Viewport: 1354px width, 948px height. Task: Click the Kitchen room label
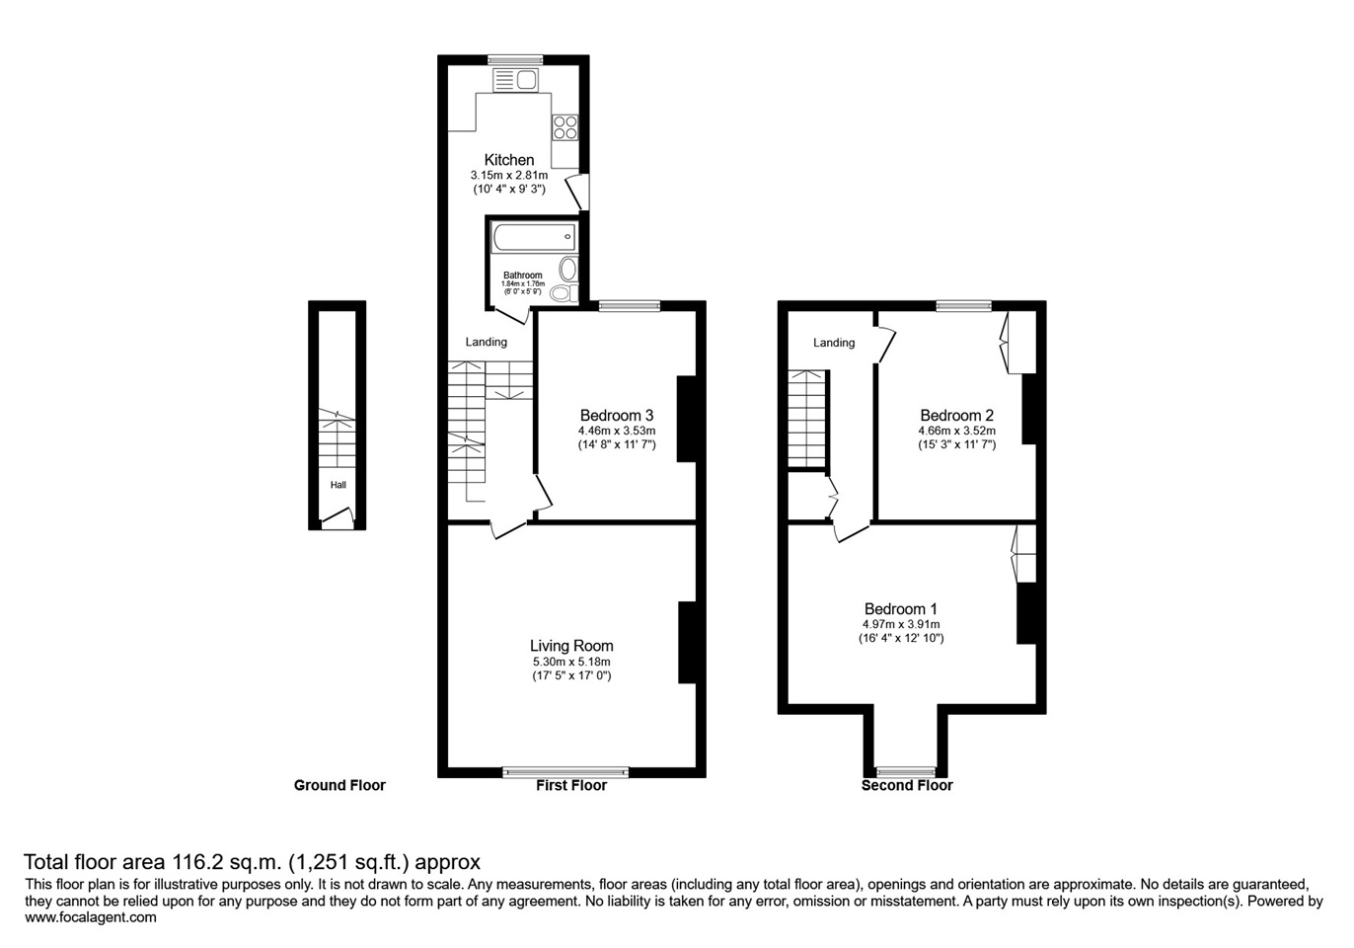point(509,160)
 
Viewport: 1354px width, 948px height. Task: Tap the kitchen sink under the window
point(515,80)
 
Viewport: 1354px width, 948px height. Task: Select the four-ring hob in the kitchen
point(564,127)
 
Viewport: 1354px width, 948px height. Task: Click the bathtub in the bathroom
point(533,237)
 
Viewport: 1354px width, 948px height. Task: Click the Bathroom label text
point(522,276)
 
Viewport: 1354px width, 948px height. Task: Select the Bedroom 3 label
point(617,416)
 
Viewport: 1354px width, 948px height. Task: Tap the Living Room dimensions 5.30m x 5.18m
point(571,662)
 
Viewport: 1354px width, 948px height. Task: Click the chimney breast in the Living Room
point(687,642)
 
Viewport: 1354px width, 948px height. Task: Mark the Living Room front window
point(565,772)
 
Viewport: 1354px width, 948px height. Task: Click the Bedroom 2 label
point(956,416)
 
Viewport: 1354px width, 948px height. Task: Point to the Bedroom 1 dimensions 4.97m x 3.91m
point(900,624)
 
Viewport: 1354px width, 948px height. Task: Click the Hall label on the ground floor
point(338,485)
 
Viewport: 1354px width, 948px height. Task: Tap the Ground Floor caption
point(339,786)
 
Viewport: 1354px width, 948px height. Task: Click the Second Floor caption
point(907,786)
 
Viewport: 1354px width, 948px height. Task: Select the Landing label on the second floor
point(834,343)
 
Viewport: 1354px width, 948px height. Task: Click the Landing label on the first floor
point(487,342)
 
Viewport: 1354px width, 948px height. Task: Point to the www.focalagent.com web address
point(90,917)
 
